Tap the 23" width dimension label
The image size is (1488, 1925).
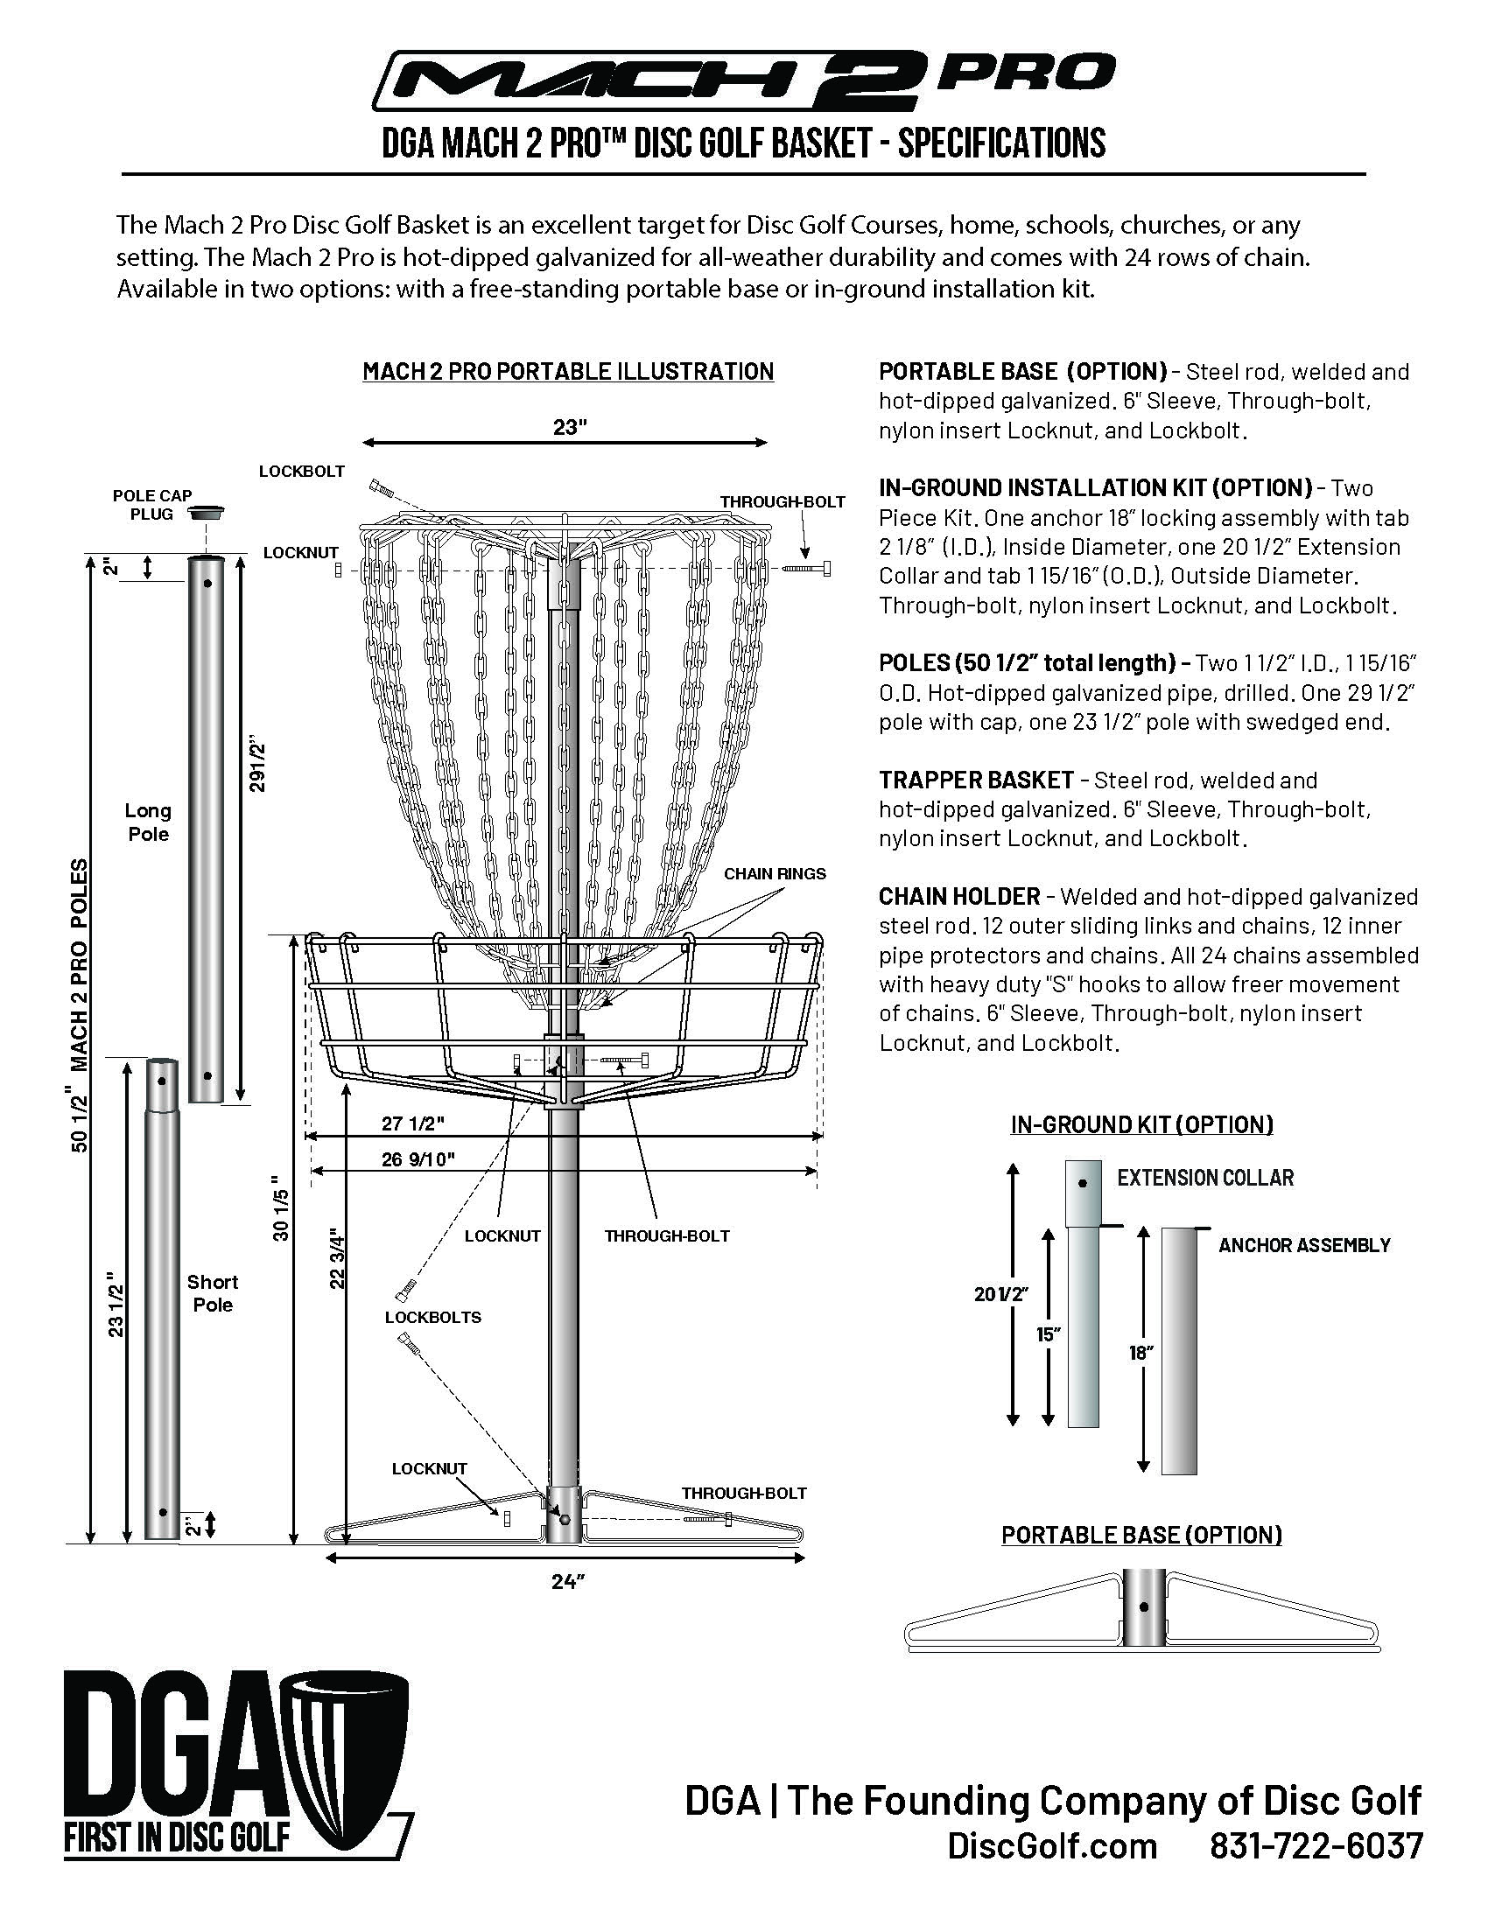click(570, 428)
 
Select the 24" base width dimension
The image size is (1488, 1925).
click(568, 1582)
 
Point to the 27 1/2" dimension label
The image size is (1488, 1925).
click(411, 1123)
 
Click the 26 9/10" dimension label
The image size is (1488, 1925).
click(418, 1159)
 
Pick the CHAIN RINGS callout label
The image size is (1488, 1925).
click(774, 874)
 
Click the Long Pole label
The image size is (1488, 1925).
click(148, 822)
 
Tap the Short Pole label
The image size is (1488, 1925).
click(213, 1293)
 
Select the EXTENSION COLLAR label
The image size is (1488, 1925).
click(1204, 1178)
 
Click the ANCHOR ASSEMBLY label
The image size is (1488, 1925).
click(1304, 1245)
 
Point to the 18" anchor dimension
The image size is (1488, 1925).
click(1141, 1352)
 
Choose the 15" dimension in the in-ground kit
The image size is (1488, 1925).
click(1046, 1334)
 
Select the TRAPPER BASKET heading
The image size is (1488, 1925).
click(976, 780)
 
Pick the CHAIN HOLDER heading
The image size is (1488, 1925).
click(959, 896)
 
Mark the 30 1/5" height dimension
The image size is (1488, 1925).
click(280, 1207)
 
